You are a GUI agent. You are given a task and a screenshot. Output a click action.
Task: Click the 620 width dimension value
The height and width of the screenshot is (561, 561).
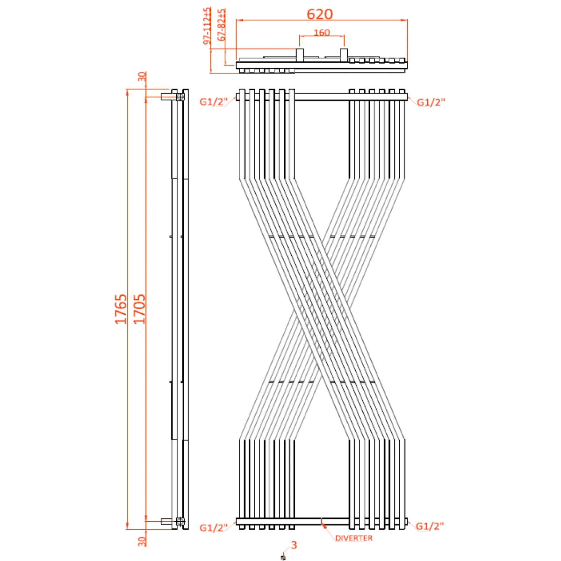pyautogui.click(x=320, y=14)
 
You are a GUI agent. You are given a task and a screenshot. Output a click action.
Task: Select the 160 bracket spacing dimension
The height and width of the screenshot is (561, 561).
pyautogui.click(x=322, y=32)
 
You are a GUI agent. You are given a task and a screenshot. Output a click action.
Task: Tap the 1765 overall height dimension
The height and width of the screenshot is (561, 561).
pyautogui.click(x=121, y=309)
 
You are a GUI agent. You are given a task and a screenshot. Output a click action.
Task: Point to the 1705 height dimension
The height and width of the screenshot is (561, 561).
pyautogui.click(x=139, y=309)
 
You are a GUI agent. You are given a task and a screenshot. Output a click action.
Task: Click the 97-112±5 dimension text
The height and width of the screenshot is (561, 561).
pyautogui.click(x=208, y=26)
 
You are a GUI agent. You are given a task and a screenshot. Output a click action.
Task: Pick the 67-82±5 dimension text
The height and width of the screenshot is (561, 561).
pyautogui.click(x=222, y=26)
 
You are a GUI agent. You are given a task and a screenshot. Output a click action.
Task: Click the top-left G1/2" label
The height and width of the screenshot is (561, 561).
pyautogui.click(x=213, y=102)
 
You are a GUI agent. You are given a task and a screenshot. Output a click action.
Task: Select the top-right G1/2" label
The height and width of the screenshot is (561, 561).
pyautogui.click(x=431, y=102)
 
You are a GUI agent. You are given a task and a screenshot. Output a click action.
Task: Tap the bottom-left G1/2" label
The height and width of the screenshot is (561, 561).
pyautogui.click(x=213, y=528)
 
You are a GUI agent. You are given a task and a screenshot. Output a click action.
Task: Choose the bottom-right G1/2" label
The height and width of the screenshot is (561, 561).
pyautogui.click(x=430, y=526)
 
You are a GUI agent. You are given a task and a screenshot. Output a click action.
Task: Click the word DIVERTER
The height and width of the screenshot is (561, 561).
pyautogui.click(x=354, y=538)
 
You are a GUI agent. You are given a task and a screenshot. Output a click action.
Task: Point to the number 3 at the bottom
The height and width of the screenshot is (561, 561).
pyautogui.click(x=294, y=545)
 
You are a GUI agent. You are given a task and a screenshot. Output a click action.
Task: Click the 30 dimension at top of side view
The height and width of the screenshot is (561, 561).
pyautogui.click(x=142, y=77)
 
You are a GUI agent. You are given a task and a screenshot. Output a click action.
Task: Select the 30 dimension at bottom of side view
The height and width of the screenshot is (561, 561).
pyautogui.click(x=142, y=541)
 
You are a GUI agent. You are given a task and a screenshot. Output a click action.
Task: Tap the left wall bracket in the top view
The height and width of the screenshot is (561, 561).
pyautogui.click(x=300, y=55)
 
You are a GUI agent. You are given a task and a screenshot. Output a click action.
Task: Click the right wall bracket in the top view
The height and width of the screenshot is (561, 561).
pyautogui.click(x=344, y=55)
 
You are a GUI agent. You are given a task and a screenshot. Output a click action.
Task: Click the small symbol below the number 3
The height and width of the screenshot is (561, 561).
pyautogui.click(x=282, y=557)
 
